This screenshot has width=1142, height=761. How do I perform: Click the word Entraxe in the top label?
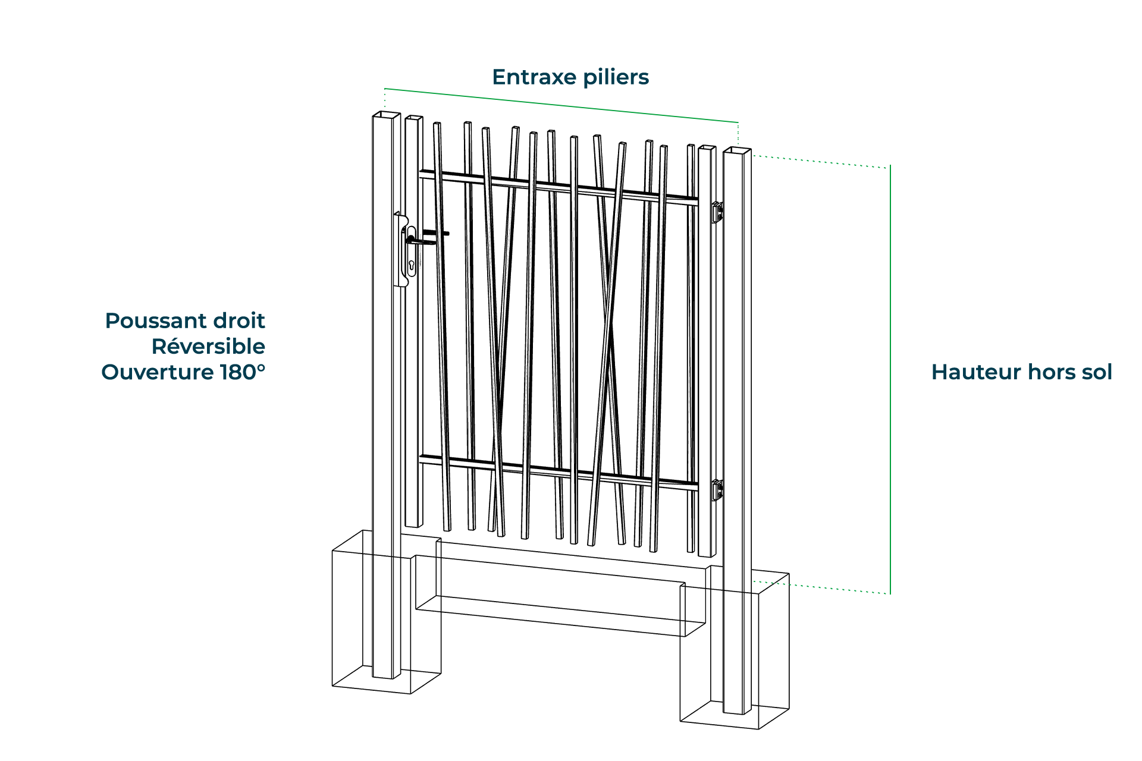(x=535, y=77)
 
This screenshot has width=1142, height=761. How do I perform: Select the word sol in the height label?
(x=1096, y=372)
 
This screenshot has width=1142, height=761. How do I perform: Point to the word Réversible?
(x=208, y=346)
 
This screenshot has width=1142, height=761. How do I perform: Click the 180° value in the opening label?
(x=243, y=372)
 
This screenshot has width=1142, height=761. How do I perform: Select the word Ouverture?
(x=158, y=372)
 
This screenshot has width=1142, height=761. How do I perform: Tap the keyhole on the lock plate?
(x=411, y=265)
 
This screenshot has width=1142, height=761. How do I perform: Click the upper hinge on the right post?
(x=718, y=212)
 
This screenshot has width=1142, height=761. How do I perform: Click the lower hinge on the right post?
(x=718, y=490)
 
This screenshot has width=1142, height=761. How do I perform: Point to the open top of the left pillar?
(x=386, y=114)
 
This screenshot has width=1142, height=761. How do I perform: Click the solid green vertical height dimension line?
(x=890, y=380)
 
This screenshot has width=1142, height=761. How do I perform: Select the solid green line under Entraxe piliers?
(x=561, y=105)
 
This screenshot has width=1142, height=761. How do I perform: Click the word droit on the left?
(x=239, y=320)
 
